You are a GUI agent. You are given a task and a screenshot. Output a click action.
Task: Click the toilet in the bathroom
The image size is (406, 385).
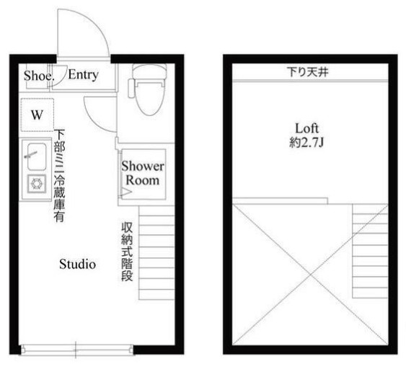click(x=149, y=89)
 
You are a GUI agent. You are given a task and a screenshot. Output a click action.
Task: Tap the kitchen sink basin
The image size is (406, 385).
click(x=37, y=156)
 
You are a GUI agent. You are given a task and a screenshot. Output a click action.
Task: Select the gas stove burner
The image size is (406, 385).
click(x=37, y=184)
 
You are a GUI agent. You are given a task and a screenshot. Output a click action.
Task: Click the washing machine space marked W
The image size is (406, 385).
click(x=37, y=115)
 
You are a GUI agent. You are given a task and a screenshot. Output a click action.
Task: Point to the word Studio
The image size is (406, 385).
click(x=78, y=265)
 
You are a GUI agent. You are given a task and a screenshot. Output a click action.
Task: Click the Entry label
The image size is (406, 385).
click(x=84, y=75)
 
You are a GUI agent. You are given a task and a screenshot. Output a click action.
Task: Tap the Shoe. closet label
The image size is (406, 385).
click(x=39, y=76)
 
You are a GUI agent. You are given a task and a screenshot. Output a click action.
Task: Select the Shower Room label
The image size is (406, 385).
click(x=143, y=173)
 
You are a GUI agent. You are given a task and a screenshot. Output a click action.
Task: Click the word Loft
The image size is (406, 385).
click(x=306, y=128)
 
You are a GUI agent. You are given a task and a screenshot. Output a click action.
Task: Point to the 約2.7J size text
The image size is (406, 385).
click(x=306, y=143)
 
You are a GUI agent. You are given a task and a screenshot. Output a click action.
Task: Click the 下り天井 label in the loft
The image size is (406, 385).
click(x=308, y=71)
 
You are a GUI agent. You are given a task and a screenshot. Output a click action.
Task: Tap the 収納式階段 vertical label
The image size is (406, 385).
click(x=127, y=252)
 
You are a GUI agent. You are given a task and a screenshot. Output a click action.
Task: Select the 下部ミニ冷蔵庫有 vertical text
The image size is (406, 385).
click(x=59, y=175)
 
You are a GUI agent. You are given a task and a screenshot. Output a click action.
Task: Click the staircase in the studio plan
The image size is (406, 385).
click(x=156, y=252)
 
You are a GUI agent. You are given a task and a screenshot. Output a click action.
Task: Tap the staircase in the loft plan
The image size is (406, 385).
click(x=370, y=251)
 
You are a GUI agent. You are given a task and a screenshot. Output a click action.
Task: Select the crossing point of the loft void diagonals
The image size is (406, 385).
click(x=311, y=275)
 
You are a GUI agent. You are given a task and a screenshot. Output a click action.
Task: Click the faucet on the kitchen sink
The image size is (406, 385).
click(x=31, y=154)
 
